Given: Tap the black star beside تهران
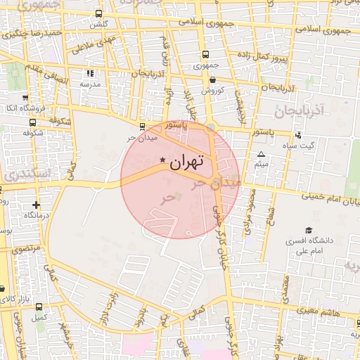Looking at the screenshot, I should click(163, 161).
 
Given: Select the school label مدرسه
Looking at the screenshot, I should click(89, 84).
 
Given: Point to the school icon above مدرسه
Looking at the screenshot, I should click(89, 73).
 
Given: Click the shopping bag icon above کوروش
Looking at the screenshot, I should click(212, 80).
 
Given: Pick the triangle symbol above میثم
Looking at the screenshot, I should click(262, 154).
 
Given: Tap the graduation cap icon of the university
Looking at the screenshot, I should click(309, 230).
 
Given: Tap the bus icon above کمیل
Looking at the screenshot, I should click(38, 307).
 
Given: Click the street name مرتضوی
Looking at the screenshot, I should click(27, 249).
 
